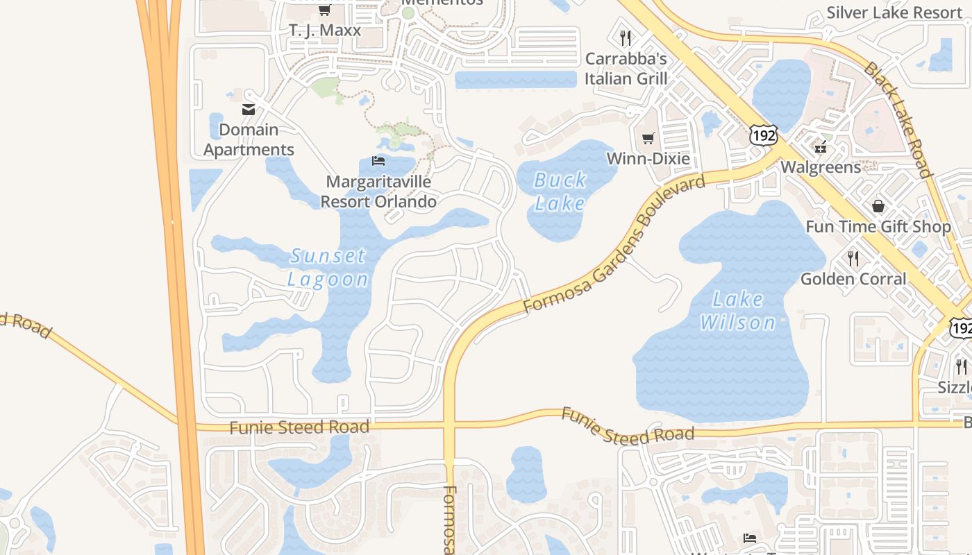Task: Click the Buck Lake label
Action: coord(560,191)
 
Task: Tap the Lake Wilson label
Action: coord(738,311)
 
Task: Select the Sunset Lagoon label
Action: coord(328,268)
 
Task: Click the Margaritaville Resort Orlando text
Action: coord(378,191)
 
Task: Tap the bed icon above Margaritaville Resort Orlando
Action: coord(378,161)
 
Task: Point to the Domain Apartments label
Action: coord(249,139)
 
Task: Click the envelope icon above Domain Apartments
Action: coord(249,109)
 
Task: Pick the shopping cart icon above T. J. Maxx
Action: coord(324,10)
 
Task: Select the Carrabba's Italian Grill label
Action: coord(626,69)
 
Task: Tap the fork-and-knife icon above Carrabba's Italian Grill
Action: coord(626,37)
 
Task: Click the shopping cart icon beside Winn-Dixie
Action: coord(648,139)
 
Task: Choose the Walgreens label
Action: coord(821,167)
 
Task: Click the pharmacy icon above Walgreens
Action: coord(821,146)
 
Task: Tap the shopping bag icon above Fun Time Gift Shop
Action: coord(878,206)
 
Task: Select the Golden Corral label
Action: coord(853,279)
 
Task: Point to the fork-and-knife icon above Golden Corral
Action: coord(853,259)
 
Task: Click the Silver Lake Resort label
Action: coord(894,12)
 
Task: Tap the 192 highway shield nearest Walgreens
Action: coord(763,135)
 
